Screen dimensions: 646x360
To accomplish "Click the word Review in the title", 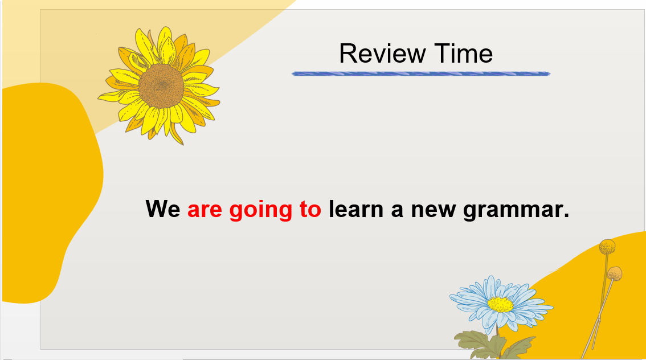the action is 382,54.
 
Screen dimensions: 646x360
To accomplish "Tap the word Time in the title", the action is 464,54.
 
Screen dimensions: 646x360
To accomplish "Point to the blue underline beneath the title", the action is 420,73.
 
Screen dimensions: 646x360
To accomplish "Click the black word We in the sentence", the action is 163,209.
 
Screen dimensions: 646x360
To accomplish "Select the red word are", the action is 205,210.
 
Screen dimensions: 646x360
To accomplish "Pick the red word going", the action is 261,211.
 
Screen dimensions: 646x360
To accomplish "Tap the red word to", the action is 310,209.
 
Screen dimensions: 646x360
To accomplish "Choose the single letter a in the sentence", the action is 396,211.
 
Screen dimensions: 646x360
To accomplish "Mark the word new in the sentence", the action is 434,211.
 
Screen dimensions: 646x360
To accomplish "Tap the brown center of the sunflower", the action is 162,86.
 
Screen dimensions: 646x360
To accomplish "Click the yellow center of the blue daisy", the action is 501,305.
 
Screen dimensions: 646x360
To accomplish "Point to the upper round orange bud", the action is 607,247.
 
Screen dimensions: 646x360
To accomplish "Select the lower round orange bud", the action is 614,273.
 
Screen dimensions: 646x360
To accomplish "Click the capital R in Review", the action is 347,54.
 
